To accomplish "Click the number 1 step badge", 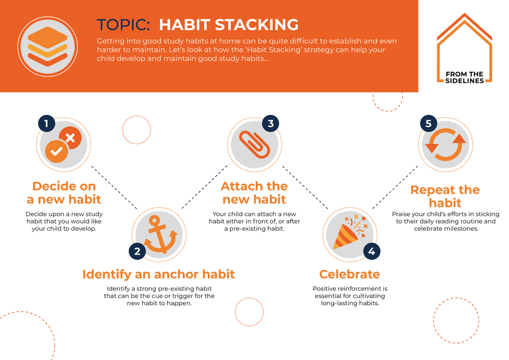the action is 46,123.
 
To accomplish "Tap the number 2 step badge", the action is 137,251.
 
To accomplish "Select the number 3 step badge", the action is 270,123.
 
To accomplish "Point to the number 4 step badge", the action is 372,251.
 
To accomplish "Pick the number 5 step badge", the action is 429,123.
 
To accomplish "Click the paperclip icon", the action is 254,145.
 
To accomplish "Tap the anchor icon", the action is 160,234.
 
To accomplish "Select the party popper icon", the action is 350,232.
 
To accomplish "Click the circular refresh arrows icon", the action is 445,145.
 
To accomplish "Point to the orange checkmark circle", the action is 56,151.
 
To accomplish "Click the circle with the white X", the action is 70,138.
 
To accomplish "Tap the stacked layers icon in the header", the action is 47,46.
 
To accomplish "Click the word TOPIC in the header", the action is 123,24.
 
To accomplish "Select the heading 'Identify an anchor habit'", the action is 158,274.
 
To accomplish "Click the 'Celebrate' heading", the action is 350,274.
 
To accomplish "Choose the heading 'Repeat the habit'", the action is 445,196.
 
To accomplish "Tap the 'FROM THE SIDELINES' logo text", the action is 465,77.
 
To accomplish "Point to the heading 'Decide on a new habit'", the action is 64,193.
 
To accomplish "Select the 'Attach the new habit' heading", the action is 254,193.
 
